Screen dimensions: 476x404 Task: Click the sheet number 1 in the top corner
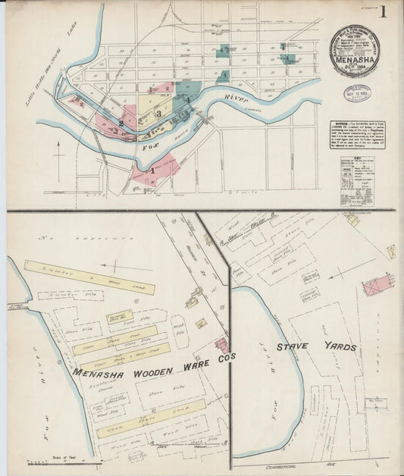pyautogui.click(x=384, y=11)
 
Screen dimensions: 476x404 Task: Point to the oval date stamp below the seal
pyautogui.click(x=357, y=94)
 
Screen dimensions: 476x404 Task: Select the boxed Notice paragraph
pyautogui.click(x=357, y=134)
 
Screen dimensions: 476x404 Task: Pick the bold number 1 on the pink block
pyautogui.click(x=152, y=171)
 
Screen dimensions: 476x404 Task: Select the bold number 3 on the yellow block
pyautogui.click(x=158, y=114)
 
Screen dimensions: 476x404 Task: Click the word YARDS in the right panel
pyautogui.click(x=334, y=347)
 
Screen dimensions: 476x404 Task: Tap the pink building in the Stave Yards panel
pyautogui.click(x=377, y=286)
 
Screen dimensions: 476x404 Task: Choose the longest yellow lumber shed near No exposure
pyautogui.click(x=89, y=277)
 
